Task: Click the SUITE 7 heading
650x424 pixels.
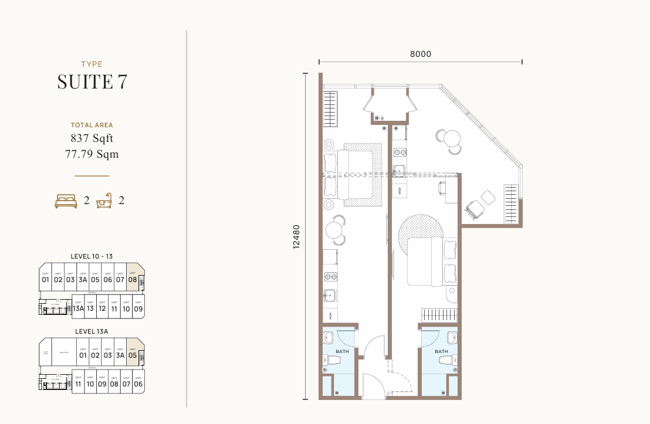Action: point(92,82)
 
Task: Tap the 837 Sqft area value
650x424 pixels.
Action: point(92,139)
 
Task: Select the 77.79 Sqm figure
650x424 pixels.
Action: point(92,154)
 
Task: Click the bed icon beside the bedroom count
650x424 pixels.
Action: point(66,201)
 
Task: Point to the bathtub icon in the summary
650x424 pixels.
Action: point(104,201)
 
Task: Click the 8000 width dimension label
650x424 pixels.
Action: point(420,54)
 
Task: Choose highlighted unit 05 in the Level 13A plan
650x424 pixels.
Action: point(133,353)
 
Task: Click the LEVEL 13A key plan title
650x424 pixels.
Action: point(92,331)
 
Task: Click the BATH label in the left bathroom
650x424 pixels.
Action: point(342,351)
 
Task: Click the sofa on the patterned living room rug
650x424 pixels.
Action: point(357,174)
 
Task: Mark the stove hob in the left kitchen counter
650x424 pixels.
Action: point(330,277)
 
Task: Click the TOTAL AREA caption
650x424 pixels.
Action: point(92,125)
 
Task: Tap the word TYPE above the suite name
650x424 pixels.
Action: point(92,65)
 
